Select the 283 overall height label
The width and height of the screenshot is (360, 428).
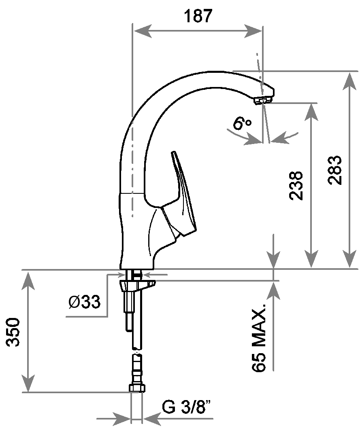pyautogui.click(x=334, y=170)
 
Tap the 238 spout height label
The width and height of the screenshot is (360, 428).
pyautogui.click(x=296, y=186)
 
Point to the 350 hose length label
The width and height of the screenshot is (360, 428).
pyautogui.click(x=13, y=332)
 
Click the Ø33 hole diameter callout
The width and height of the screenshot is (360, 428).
pyautogui.click(x=84, y=302)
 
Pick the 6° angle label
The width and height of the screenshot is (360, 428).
pyautogui.click(x=242, y=123)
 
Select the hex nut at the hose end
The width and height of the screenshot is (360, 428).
pyautogui.click(x=136, y=388)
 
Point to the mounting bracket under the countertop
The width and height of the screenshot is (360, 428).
pyautogui.click(x=137, y=285)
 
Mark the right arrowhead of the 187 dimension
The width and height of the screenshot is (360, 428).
pyautogui.click(x=253, y=31)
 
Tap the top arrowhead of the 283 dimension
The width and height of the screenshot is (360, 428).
pyautogui.click(x=349, y=81)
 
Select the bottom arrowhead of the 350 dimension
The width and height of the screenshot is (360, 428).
pyautogui.click(x=28, y=383)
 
